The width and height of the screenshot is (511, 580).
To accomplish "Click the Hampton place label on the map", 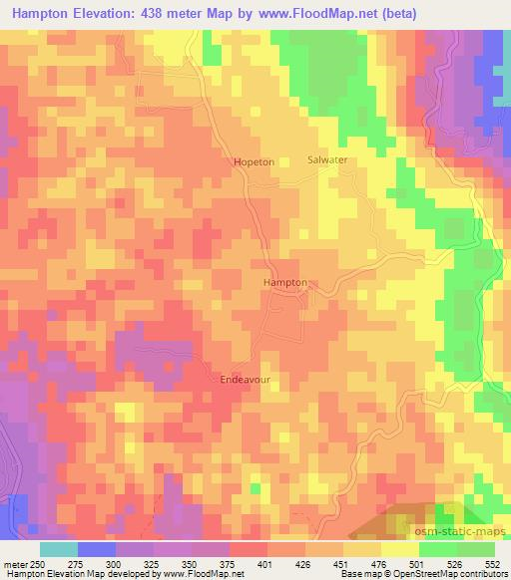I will tap(284, 283).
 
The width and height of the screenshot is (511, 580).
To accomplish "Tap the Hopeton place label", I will tap(253, 161).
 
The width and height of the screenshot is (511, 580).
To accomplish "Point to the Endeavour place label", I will tap(245, 379).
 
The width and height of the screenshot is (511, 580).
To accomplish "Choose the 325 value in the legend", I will tap(153, 564).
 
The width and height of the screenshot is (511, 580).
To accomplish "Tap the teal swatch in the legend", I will tap(59, 549).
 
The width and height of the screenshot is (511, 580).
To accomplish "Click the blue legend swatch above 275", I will tap(97, 549).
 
